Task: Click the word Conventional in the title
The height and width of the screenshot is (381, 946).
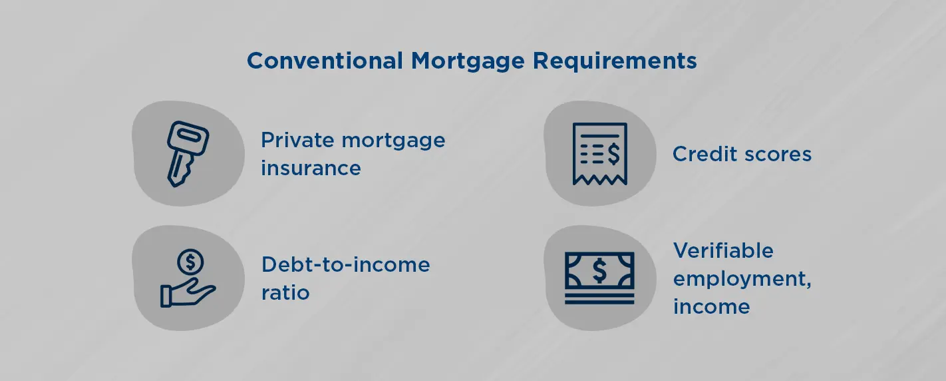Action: pyautogui.click(x=325, y=61)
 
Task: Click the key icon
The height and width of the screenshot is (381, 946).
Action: pyautogui.click(x=188, y=154)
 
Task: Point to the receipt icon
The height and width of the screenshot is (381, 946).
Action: pyautogui.click(x=599, y=154)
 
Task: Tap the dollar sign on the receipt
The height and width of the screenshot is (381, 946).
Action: pyautogui.click(x=613, y=154)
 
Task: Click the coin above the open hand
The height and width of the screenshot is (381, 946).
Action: pyautogui.click(x=190, y=262)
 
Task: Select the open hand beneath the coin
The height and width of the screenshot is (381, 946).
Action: pyautogui.click(x=188, y=292)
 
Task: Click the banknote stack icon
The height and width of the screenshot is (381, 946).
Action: pyautogui.click(x=599, y=278)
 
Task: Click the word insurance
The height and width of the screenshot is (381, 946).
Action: pyautogui.click(x=311, y=168)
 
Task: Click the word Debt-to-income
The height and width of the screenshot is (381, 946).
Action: pyautogui.click(x=346, y=264)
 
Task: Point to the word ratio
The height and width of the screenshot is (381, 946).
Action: pyautogui.click(x=285, y=292)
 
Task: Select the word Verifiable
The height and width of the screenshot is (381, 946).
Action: pyautogui.click(x=723, y=250)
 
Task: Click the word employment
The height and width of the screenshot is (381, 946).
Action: pyautogui.click(x=742, y=279)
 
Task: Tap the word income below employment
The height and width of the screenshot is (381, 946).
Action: pyautogui.click(x=712, y=306)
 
